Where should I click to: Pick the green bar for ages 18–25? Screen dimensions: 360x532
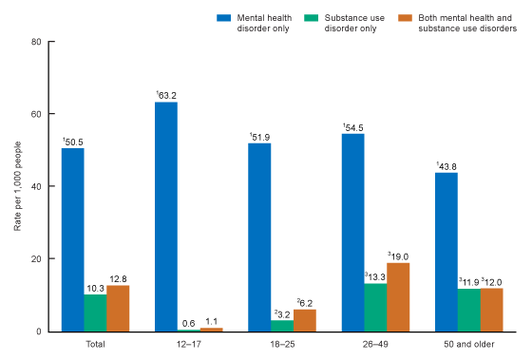tap(282, 326)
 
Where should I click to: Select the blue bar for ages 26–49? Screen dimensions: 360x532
tap(352, 233)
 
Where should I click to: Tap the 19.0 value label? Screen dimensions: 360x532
tap(399, 256)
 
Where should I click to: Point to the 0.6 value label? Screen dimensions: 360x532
tap(188, 322)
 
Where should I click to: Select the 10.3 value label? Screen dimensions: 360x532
tap(95, 287)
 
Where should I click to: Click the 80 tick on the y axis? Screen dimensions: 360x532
tap(35, 42)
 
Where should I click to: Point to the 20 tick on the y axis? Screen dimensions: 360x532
tap(35, 259)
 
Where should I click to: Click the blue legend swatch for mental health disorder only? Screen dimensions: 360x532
tap(225, 16)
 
